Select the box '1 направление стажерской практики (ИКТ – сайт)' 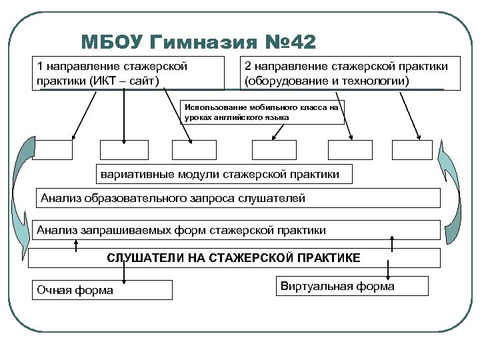131,73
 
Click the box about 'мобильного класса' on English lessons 263,112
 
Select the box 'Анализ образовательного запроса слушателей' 236,198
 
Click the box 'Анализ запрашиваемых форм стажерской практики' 236,230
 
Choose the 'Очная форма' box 102,290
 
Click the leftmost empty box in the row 52,150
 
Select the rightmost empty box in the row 412,150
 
